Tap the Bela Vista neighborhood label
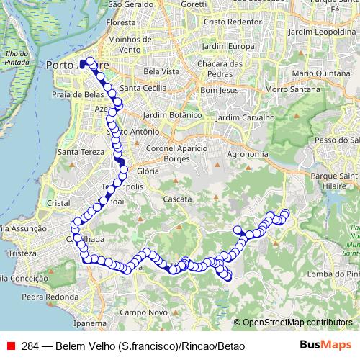(161, 72)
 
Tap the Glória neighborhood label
(147, 171)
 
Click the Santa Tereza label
(79, 152)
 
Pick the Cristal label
(58, 204)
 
